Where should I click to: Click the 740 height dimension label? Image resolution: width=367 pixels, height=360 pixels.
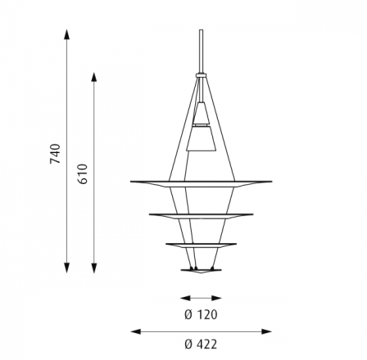56,154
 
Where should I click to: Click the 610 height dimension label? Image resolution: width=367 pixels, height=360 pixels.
83,174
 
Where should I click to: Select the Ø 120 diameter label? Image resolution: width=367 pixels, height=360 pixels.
201,315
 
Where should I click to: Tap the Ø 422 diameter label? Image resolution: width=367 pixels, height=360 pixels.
201,344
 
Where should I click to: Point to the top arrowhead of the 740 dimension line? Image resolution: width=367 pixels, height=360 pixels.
66,34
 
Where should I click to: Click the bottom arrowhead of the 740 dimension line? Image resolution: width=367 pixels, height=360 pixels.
66,268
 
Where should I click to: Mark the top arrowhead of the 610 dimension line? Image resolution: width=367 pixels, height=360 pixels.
94,78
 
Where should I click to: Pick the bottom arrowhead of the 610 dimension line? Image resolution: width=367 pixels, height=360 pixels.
94,268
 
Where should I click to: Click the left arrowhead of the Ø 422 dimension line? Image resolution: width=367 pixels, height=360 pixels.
136,331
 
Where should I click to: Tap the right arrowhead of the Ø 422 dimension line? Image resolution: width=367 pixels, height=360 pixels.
267,331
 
